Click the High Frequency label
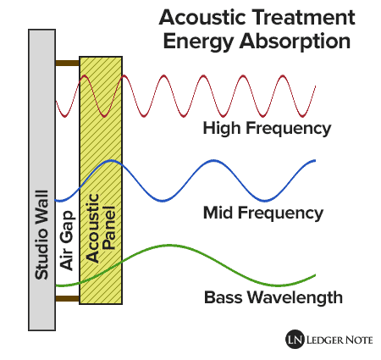(266, 129)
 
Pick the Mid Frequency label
(262, 212)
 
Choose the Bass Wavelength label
(273, 297)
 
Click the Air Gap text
(68, 246)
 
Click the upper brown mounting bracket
(67, 63)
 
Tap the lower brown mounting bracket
(67, 298)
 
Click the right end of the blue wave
(315, 160)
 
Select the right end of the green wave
(315, 274)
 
